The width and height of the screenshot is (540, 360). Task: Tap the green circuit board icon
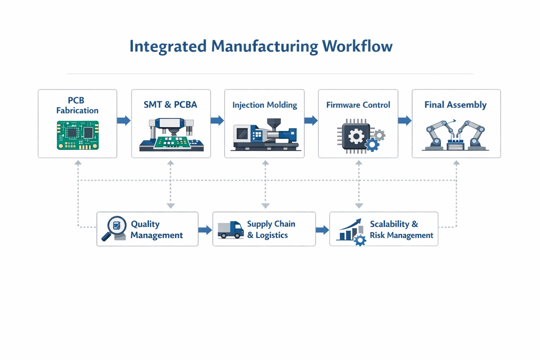78,135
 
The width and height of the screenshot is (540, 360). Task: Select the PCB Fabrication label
77,105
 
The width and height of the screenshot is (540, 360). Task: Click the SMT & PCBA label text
170,105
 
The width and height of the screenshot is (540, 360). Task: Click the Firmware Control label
358,105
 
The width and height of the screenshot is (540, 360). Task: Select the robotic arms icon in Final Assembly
456,136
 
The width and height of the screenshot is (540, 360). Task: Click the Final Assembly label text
455,105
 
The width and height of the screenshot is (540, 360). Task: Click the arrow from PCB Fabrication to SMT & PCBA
124,121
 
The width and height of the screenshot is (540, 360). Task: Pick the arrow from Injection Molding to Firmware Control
311,121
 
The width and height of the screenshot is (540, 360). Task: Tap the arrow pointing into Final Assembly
405,121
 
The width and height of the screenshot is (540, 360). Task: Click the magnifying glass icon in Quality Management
114,229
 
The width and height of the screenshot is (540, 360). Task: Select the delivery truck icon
230,230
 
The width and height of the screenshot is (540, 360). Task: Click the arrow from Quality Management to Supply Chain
205,230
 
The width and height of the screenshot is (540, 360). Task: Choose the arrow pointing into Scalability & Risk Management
322,230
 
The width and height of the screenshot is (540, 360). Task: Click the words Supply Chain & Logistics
271,229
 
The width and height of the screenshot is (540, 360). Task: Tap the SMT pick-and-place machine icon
171,135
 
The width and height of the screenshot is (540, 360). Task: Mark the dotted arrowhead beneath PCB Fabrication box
78,163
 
